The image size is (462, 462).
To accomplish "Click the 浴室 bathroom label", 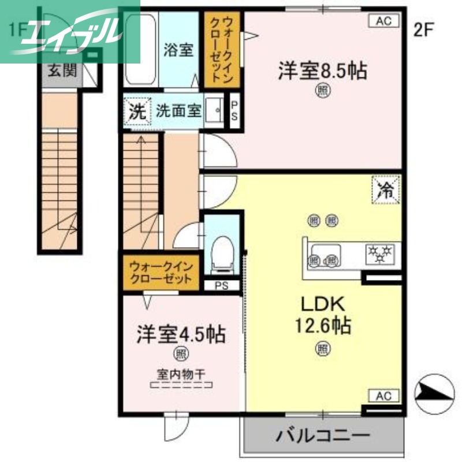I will click(x=178, y=50).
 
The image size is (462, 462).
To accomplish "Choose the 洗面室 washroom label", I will click(x=178, y=110).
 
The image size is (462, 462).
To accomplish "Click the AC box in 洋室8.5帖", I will click(x=384, y=21).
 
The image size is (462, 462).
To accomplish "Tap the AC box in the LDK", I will click(x=384, y=396).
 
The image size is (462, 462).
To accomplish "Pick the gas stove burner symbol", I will click(x=379, y=253).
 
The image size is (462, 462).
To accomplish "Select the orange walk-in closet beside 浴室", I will click(x=219, y=50).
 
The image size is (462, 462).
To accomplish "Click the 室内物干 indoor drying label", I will click(x=181, y=373).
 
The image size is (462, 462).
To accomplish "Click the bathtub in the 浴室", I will click(x=140, y=50).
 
